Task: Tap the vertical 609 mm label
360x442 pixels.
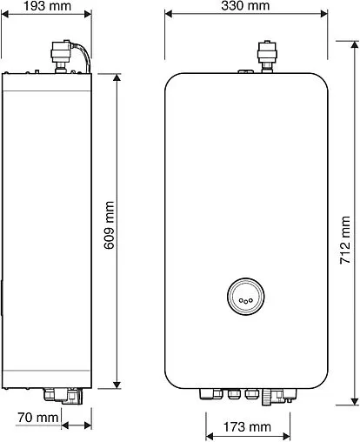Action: [x=110, y=228]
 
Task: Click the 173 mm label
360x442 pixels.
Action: [x=246, y=427]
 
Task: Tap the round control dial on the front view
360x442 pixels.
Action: [x=245, y=296]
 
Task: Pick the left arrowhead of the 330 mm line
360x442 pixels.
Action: [x=169, y=14]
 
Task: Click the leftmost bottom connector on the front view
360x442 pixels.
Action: [x=207, y=392]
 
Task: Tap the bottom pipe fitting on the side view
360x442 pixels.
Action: [x=69, y=396]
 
